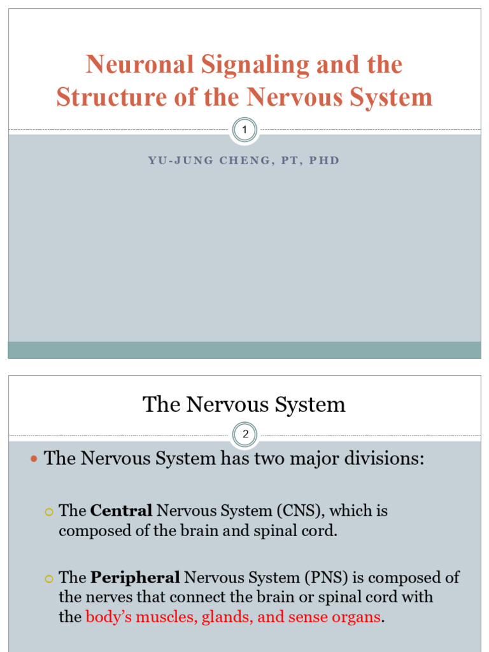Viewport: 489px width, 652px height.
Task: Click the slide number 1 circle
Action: click(244, 131)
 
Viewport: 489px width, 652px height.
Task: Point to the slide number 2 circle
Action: click(244, 436)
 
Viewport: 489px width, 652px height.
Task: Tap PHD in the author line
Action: click(324, 160)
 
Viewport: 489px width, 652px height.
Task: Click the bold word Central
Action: click(121, 511)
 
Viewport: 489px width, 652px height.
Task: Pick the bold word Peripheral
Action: click(135, 578)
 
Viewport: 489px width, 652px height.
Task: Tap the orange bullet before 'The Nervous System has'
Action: click(34, 459)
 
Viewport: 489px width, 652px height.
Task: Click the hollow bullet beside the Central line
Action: click(50, 511)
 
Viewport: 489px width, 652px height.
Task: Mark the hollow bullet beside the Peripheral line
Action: click(50, 578)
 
